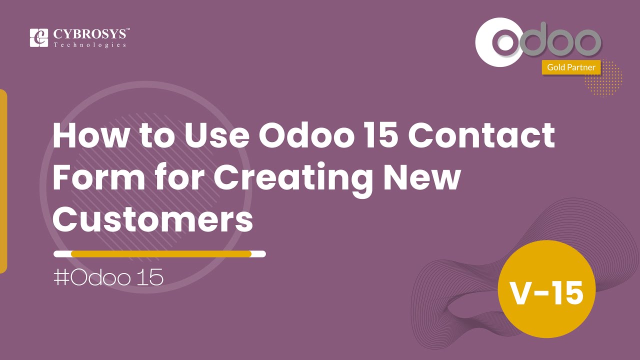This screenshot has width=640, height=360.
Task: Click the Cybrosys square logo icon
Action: [x=39, y=38]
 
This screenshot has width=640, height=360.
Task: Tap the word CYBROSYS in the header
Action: [x=91, y=34]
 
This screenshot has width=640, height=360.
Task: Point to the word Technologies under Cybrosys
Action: [x=89, y=45]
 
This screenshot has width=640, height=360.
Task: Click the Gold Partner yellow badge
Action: [x=571, y=67]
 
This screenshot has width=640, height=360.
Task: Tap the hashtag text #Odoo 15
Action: [x=108, y=277]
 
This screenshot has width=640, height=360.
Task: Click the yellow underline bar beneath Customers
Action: [x=160, y=254]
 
